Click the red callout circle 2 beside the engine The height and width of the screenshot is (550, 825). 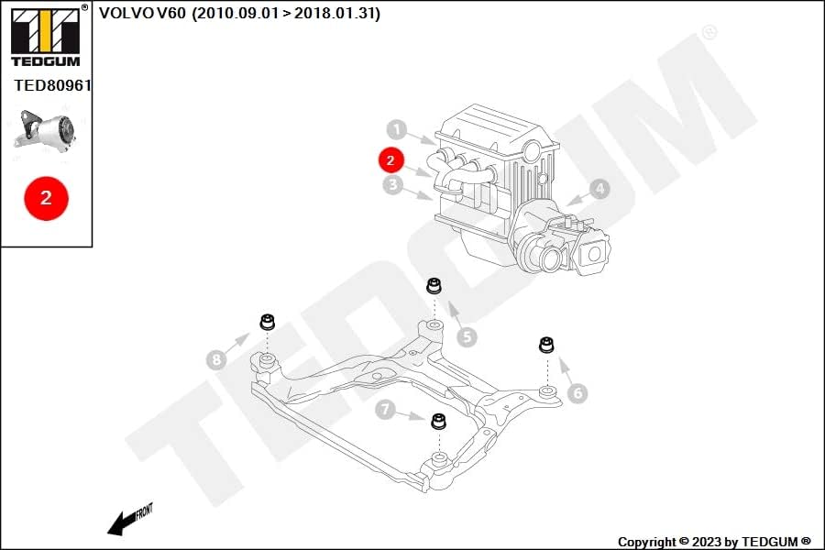coord(390,160)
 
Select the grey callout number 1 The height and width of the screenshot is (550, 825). coord(397,129)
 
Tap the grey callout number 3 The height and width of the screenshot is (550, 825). coord(392,185)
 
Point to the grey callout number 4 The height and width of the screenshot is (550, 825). coord(599,189)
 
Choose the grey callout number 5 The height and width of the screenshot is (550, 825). coord(467,336)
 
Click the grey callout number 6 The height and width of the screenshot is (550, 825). coord(577,392)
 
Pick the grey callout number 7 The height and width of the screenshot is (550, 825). coord(385,409)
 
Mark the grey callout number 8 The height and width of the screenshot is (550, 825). coord(216,360)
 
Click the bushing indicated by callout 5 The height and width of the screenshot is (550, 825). coord(434,285)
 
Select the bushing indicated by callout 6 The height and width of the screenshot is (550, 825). coord(546,345)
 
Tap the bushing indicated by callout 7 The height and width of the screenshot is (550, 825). coord(438,421)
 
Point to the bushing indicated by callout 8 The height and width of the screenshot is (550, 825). coord(268,321)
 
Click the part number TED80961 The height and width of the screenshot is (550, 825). coord(52,85)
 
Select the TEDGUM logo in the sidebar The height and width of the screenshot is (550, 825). coord(46,36)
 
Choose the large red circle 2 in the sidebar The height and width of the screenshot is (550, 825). coord(47,198)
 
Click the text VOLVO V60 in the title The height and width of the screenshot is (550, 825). coord(143,13)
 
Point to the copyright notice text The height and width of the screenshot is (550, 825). coord(714,542)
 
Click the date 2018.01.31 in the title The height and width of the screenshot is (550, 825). coord(335,13)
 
